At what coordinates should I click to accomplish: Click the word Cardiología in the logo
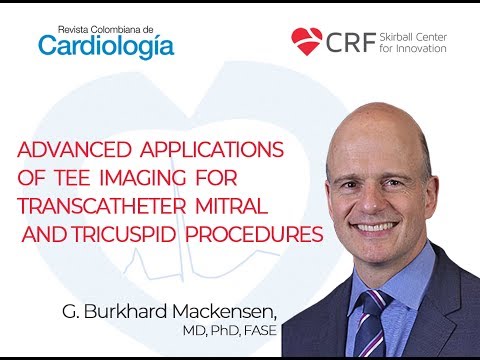tap(106, 45)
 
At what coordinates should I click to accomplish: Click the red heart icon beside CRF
tap(307, 41)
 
